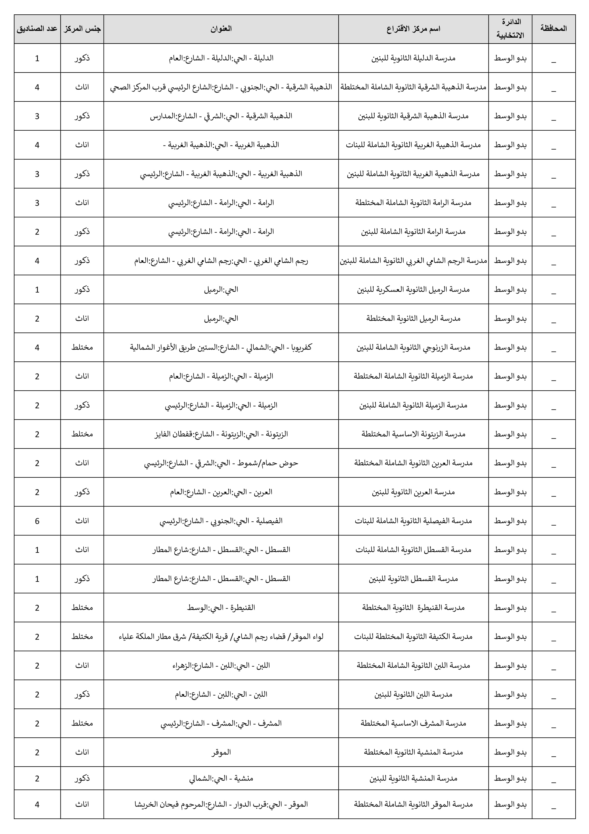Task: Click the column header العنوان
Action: coord(221,29)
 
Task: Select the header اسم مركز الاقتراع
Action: coord(413,29)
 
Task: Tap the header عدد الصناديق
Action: coord(37,29)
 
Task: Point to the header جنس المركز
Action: coord(82,29)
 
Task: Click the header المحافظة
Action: coord(553,29)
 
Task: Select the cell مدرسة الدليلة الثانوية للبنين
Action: coord(413,58)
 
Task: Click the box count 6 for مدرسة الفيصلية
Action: coord(37,521)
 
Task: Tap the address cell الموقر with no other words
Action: coord(221,752)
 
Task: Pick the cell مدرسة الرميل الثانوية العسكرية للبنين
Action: coord(413,290)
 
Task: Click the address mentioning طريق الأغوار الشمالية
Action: coord(221,347)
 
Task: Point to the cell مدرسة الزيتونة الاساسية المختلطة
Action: coord(413,434)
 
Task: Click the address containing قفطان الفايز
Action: coord(221,434)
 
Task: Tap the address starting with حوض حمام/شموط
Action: coord(221,463)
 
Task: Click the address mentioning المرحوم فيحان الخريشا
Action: coord(221,804)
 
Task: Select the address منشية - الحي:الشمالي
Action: coord(221,779)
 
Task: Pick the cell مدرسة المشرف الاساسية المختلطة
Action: coord(413,723)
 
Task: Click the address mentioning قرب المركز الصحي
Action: coord(221,87)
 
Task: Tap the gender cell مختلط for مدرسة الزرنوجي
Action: coord(82,347)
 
